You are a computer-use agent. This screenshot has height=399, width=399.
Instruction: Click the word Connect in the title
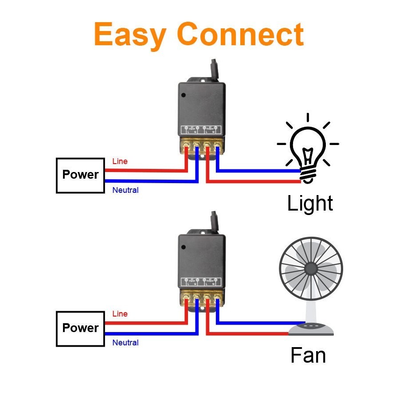point(241,35)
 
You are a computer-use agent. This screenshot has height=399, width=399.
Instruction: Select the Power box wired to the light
point(80,175)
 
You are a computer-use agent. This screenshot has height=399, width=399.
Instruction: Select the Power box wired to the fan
point(80,328)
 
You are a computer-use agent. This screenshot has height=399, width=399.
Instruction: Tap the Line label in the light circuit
point(120,161)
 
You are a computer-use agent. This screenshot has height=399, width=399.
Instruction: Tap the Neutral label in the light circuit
point(125,190)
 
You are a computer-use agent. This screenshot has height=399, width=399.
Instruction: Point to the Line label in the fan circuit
point(120,314)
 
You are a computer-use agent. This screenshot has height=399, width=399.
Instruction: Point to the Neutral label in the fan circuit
point(125,343)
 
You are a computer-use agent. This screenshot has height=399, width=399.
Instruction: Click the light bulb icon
point(308,149)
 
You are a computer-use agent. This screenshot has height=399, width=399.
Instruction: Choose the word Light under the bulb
point(310,203)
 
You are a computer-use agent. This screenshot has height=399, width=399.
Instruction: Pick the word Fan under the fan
point(308,356)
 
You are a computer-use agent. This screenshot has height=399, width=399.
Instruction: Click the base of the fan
point(310,329)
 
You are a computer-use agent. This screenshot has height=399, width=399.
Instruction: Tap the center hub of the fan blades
point(311,269)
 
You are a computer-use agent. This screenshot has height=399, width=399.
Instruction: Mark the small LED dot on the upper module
point(183,94)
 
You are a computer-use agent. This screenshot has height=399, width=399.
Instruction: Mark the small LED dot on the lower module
point(183,246)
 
